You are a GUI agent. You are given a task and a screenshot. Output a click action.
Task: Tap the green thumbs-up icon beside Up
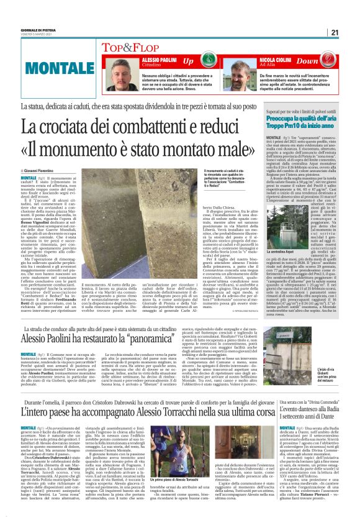tap(209, 61)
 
